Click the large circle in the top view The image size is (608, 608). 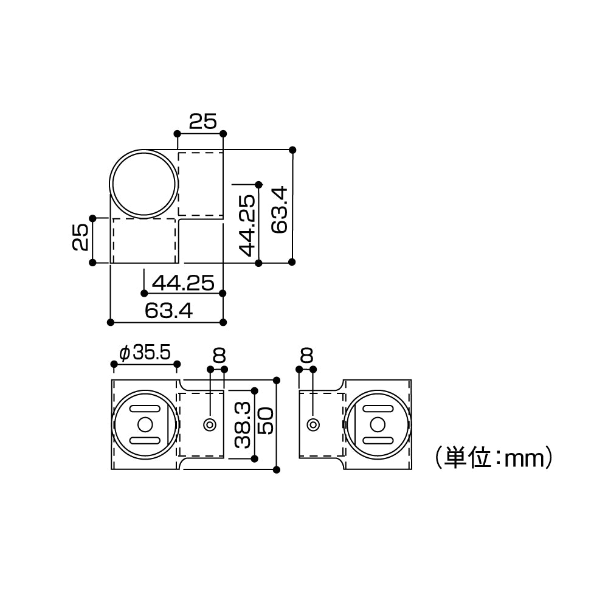click(144, 182)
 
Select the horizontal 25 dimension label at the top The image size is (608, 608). click(202, 122)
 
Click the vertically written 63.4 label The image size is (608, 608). click(279, 210)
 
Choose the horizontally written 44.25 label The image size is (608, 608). click(183, 282)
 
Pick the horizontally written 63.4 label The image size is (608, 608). click(168, 311)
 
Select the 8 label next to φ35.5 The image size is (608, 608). click(218, 354)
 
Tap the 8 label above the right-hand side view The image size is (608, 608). click(306, 354)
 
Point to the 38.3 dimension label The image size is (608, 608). click(243, 424)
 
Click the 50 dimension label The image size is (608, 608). click(266, 421)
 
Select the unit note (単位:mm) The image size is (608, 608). click(493, 457)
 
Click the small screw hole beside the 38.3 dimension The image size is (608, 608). click(210, 424)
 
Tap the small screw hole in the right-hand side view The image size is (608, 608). click(313, 424)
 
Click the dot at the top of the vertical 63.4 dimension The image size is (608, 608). click(292, 150)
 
